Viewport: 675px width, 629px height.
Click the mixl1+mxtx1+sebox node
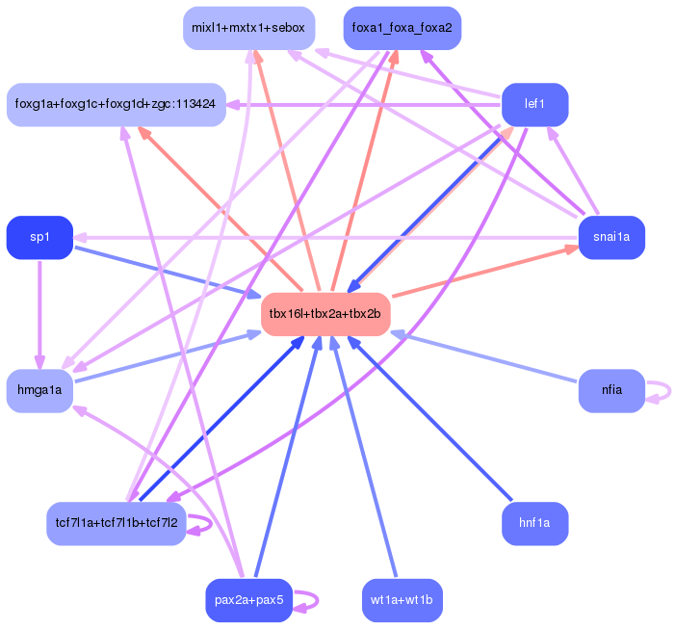248,28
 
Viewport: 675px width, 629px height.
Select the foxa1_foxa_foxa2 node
402,28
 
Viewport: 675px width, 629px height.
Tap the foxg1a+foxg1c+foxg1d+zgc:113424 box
116,104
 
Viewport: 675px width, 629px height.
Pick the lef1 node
534,104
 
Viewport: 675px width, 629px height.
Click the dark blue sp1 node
39,237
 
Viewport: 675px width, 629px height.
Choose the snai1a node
610,237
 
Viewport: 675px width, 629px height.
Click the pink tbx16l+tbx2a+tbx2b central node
325,314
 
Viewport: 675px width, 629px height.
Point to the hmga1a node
39,390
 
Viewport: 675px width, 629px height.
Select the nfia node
610,390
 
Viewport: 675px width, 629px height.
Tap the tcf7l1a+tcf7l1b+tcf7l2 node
116,523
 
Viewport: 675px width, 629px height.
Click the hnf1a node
534,523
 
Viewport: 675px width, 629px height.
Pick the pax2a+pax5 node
248,600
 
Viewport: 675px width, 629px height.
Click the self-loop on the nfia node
661,390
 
